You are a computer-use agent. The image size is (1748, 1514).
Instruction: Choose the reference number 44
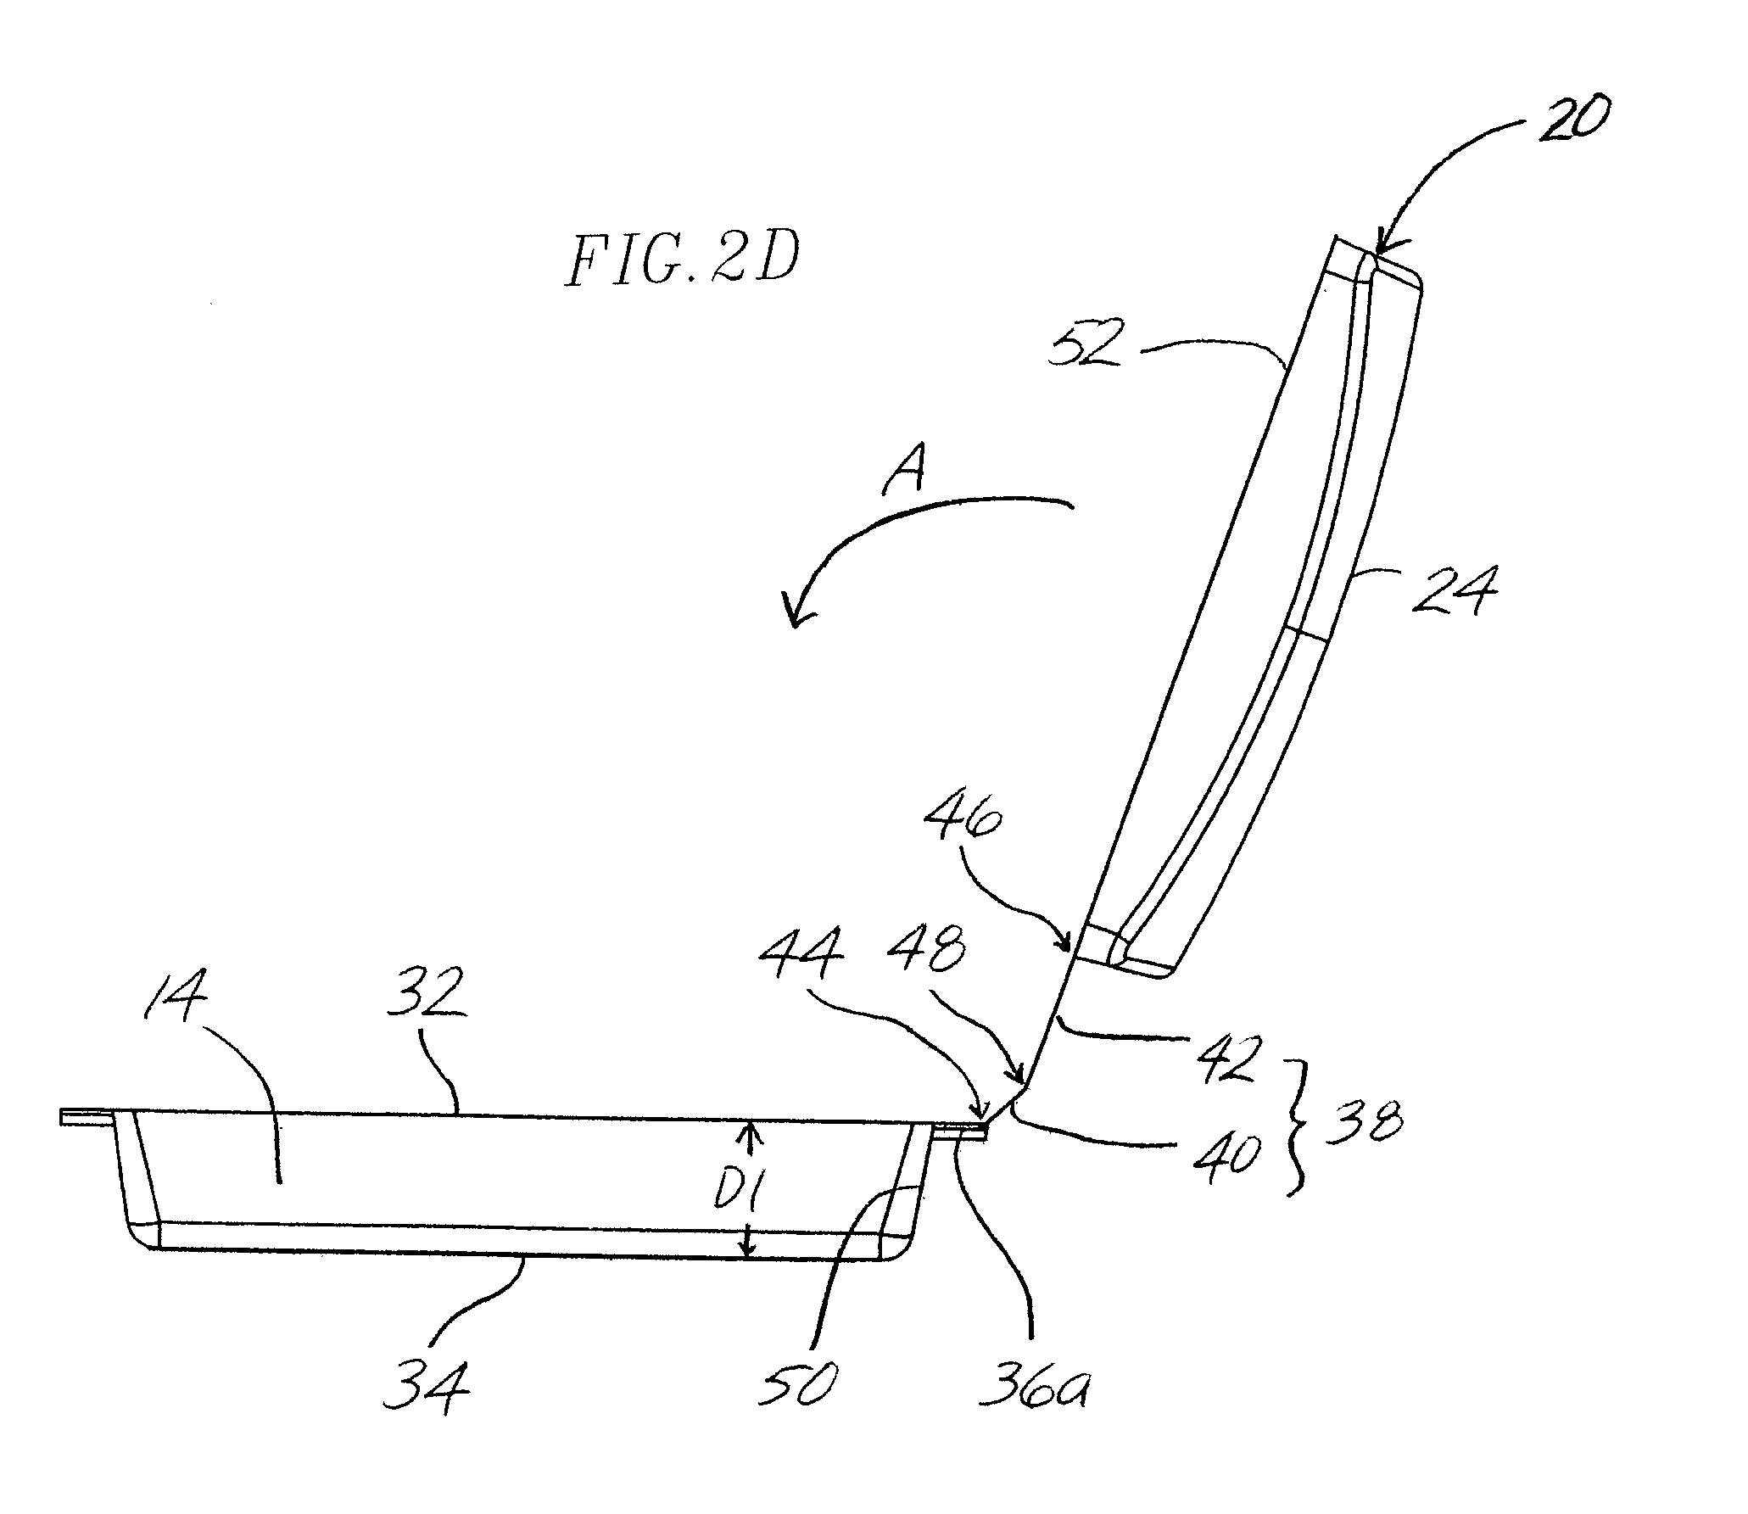(x=802, y=964)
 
